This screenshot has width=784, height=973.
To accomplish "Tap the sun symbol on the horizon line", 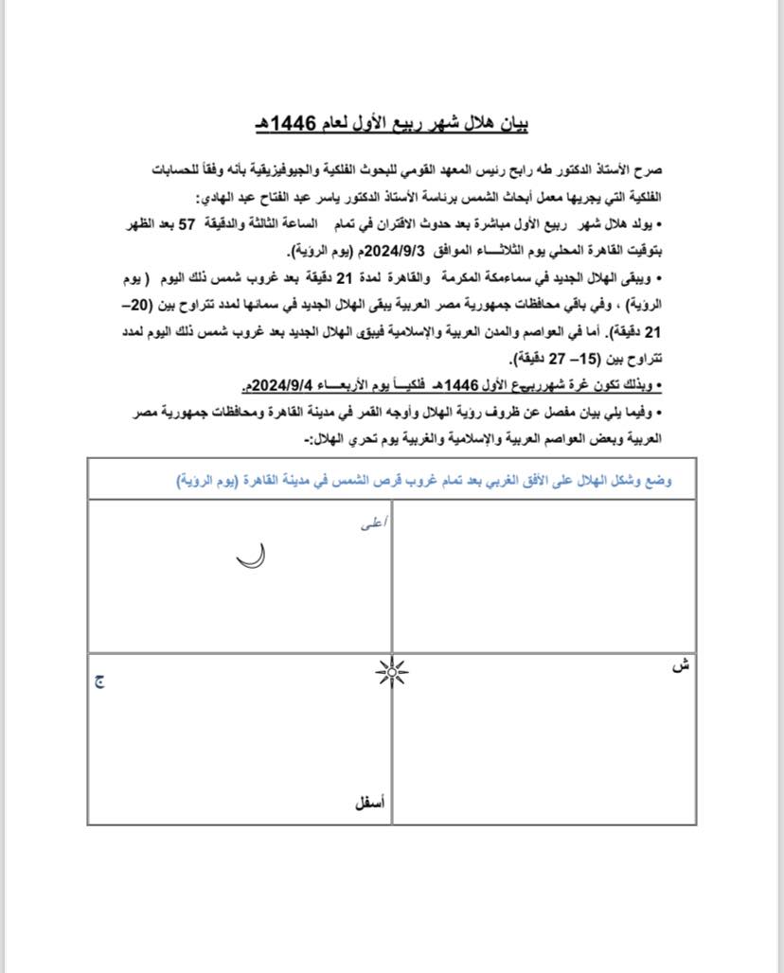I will click(x=390, y=673).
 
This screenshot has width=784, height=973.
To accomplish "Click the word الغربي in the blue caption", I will click(x=516, y=481).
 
